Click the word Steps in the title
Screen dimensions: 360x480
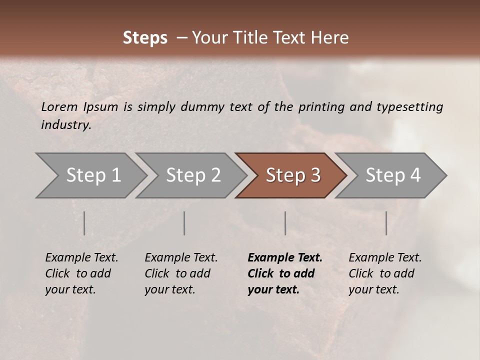(x=145, y=38)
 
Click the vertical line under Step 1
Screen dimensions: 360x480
(x=84, y=223)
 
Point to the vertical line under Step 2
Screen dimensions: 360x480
(x=184, y=223)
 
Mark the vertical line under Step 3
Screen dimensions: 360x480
(x=285, y=223)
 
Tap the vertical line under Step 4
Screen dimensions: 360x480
(x=386, y=223)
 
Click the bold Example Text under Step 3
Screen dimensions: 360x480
(x=285, y=273)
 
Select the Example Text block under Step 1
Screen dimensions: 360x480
(x=81, y=273)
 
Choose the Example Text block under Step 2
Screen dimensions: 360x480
(x=181, y=273)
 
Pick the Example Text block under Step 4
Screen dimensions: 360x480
(x=385, y=273)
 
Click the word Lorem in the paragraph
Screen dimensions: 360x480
(x=59, y=106)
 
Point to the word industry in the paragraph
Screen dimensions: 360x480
(x=66, y=125)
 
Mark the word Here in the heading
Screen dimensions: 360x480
(x=330, y=38)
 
